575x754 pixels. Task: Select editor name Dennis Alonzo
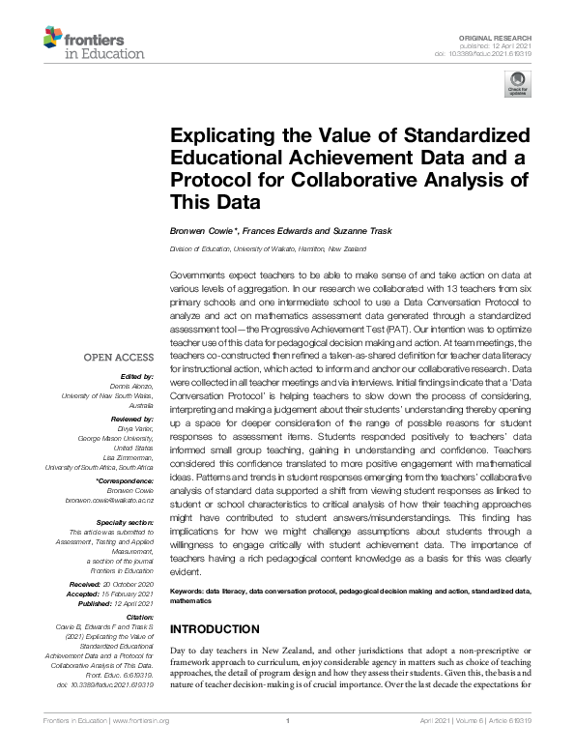point(130,385)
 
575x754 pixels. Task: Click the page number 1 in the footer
point(287,746)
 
